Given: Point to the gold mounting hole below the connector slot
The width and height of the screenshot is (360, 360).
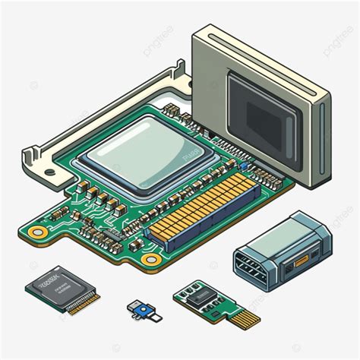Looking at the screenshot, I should click(152, 261).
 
